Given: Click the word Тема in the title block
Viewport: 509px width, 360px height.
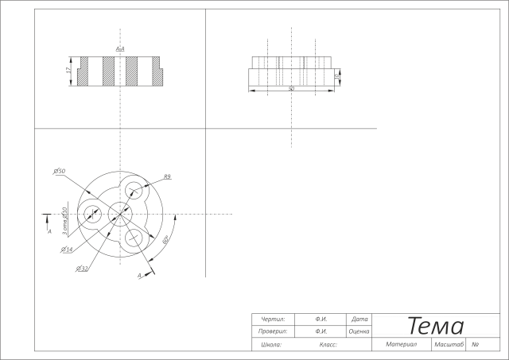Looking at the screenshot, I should [x=436, y=326].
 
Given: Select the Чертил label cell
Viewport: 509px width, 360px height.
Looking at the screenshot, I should [x=273, y=319].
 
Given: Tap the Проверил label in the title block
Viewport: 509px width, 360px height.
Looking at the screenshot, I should [x=273, y=331].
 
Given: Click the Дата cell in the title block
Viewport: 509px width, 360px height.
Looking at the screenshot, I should [x=359, y=319].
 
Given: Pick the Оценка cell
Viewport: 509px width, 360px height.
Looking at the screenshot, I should [x=359, y=331].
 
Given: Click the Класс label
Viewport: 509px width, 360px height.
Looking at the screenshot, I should [x=328, y=345].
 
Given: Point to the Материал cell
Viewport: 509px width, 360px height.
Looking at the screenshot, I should [x=402, y=345].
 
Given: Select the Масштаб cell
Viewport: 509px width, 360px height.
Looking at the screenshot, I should [x=449, y=345].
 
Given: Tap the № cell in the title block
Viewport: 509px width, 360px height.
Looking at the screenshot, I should [x=475, y=345].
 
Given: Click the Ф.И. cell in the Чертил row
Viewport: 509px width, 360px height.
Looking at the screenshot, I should [x=322, y=319].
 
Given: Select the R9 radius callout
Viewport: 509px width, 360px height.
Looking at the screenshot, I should [x=168, y=176].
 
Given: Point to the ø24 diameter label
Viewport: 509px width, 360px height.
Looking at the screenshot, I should [x=67, y=250].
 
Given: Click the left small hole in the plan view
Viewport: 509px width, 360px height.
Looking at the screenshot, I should [x=92, y=214].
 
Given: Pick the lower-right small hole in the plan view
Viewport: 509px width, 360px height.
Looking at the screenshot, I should [x=134, y=238].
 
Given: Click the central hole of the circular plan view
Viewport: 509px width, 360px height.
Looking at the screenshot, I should [x=120, y=214].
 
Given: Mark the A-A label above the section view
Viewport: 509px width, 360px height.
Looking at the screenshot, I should [x=120, y=49].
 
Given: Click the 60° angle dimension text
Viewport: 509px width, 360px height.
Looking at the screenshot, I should [x=165, y=238].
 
